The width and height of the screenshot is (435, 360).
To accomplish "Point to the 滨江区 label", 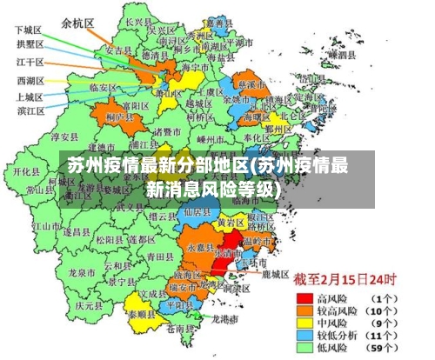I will click(x=30, y=110).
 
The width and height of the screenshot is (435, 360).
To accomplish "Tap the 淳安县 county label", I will click(x=66, y=137).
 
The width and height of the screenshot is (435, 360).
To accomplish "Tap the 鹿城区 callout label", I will click(x=275, y=274).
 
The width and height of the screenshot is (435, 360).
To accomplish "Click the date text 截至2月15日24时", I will click(x=345, y=281).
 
